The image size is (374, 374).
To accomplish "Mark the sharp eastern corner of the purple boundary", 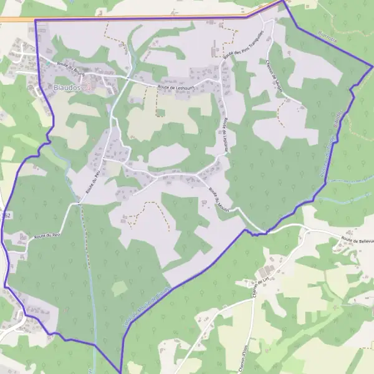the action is [372, 66].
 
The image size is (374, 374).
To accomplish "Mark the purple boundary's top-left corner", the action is [35, 21].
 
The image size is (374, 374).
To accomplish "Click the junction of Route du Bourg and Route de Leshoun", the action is [128, 79].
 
